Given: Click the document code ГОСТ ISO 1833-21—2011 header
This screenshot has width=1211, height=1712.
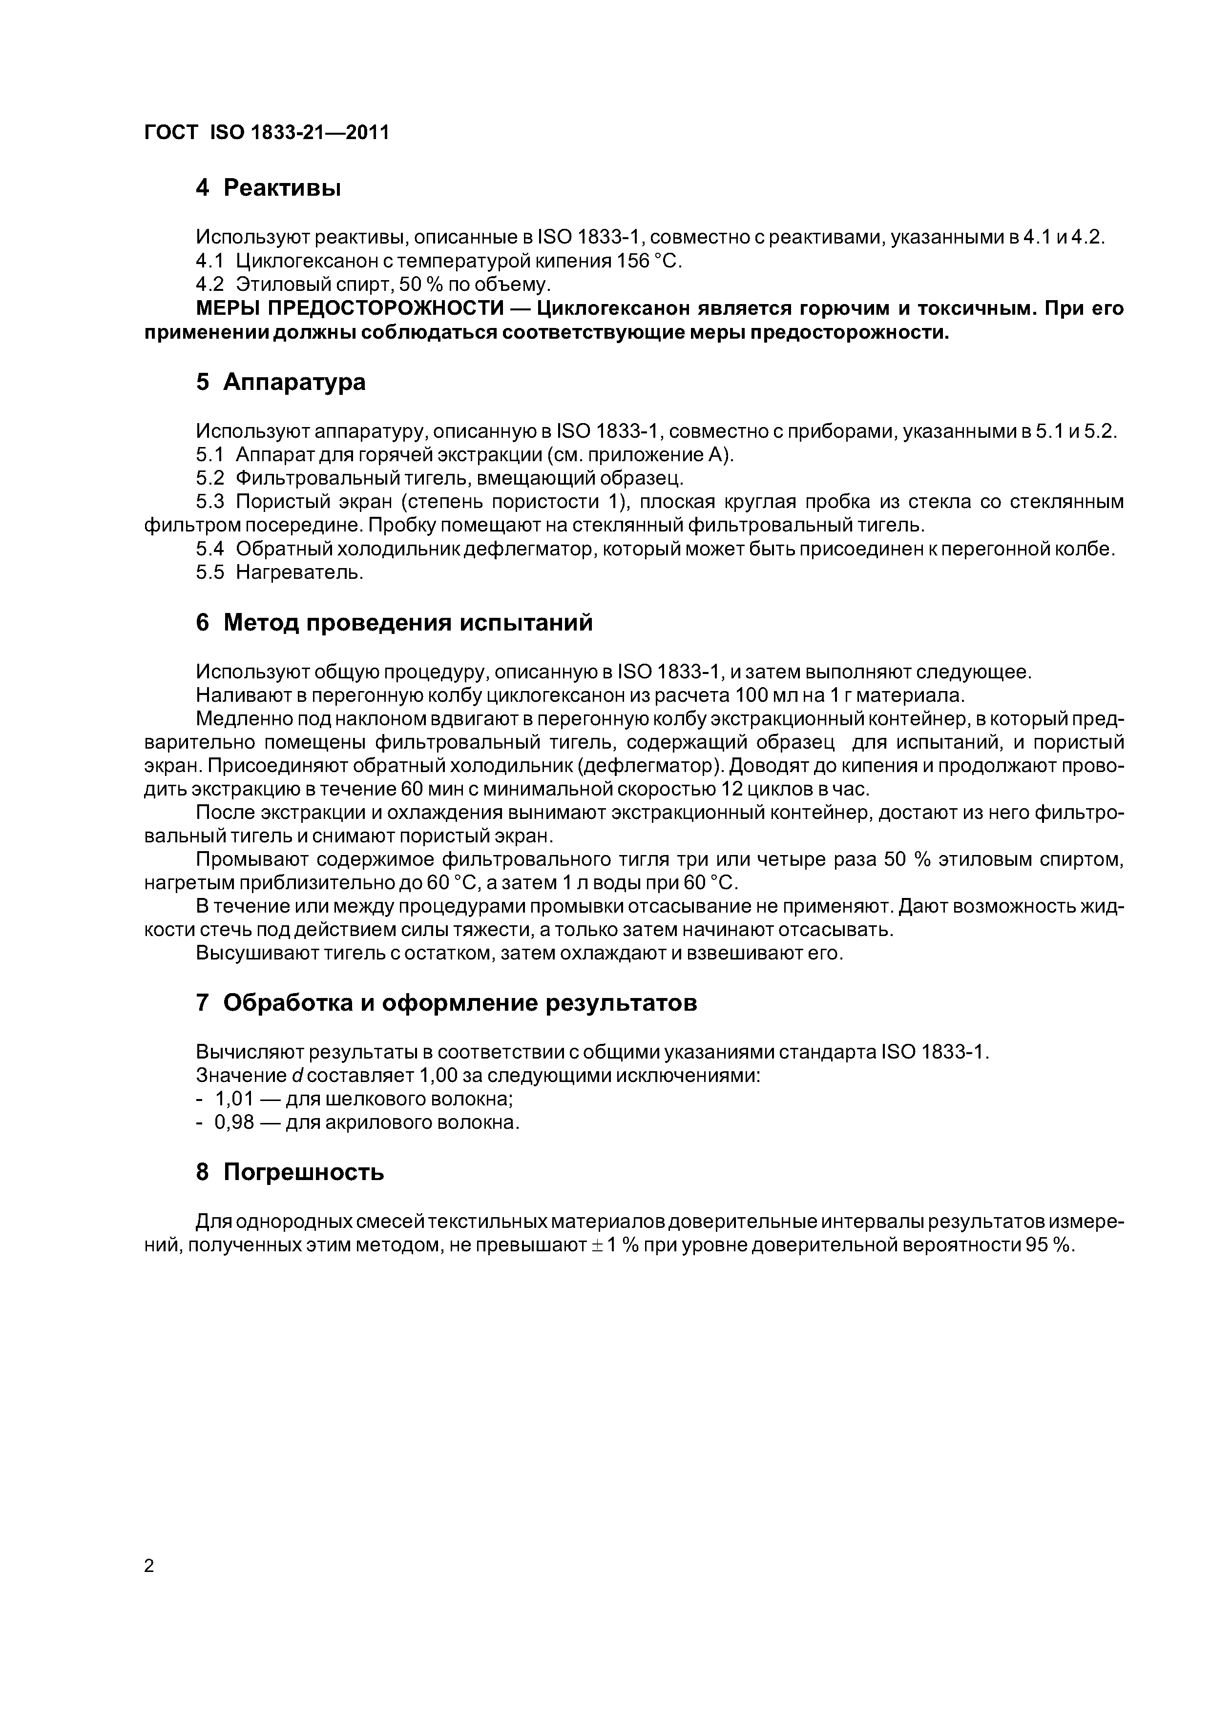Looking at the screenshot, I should (267, 133).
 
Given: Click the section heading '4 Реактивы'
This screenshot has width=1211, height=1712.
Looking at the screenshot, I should (268, 188).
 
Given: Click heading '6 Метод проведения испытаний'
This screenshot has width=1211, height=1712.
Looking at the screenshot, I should (394, 622).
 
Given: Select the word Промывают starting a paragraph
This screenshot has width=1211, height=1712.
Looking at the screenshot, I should (251, 860).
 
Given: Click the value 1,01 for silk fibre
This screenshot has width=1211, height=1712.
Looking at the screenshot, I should (234, 1099).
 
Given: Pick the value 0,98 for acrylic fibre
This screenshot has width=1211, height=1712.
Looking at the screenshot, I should (234, 1122).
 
